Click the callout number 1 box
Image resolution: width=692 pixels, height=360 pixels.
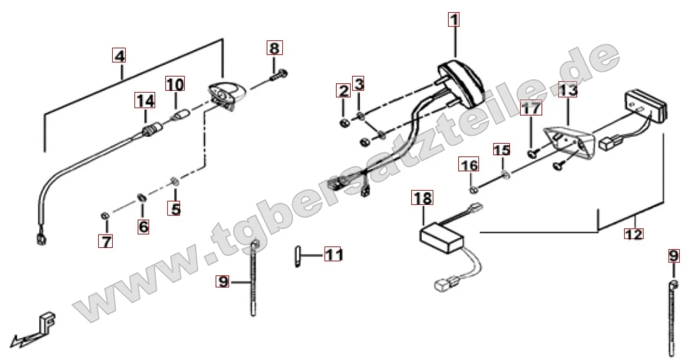453,19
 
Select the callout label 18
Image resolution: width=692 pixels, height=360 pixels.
423,198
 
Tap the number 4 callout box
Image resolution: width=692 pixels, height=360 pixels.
119,56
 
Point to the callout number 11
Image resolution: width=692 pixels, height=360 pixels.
334,254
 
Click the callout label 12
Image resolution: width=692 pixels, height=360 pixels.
634,233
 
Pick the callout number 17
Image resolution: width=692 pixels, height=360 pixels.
531,108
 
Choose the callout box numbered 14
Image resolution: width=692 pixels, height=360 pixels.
145,101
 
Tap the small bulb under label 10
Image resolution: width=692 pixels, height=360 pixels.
179,116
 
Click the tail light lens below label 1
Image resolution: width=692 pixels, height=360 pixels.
461,84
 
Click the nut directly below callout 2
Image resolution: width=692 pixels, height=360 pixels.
345,122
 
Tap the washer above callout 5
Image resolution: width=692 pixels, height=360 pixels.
175,181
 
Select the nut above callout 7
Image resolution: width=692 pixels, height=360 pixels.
105,216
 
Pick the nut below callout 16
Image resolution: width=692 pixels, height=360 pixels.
472,189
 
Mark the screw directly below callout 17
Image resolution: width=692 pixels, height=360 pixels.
533,153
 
